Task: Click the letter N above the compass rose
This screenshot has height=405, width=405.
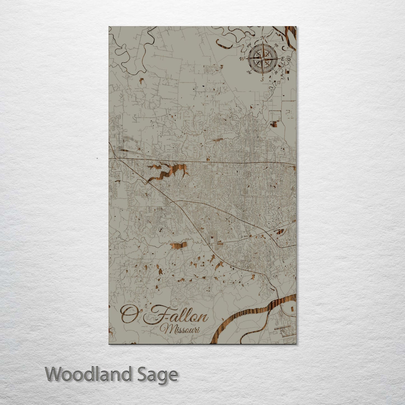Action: pos(263,38)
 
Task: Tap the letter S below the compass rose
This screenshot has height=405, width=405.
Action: pos(262,79)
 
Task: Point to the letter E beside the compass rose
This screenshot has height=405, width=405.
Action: pos(283,59)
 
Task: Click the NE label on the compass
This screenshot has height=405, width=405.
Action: pos(276,45)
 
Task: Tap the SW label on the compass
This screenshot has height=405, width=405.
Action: pos(248,72)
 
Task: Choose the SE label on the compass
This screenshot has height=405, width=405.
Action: pos(276,72)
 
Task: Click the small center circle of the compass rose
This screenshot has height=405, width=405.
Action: pos(263,59)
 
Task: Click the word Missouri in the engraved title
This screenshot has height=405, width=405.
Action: pos(182,329)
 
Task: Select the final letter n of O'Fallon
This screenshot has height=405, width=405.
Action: pos(203,318)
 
